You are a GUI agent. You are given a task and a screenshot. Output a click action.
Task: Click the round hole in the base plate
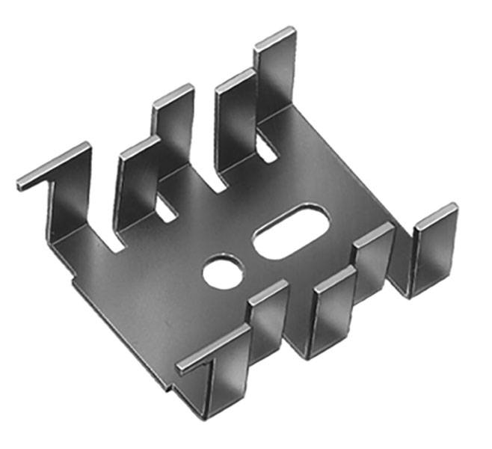[x=224, y=271]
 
